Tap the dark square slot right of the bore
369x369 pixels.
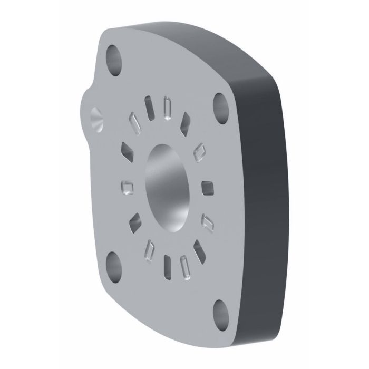(x=207, y=188)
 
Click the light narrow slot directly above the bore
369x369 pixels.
(x=168, y=107)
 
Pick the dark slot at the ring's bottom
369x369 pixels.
(x=168, y=265)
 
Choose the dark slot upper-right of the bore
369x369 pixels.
(x=186, y=122)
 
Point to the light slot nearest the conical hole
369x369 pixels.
(x=134, y=123)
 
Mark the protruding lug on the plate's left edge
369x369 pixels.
(x=90, y=113)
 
